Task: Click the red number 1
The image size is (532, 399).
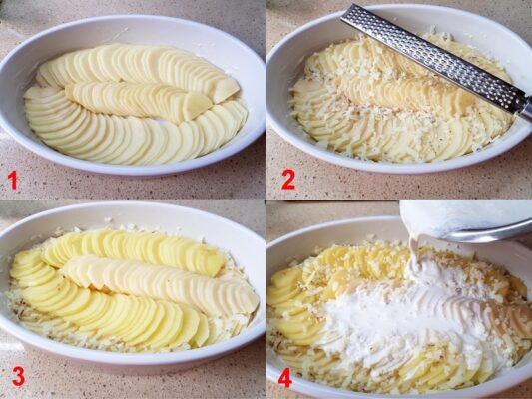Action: [13, 180]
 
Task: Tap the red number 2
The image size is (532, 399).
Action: [288, 180]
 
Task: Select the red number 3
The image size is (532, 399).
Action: [18, 377]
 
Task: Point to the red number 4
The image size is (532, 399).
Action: [285, 378]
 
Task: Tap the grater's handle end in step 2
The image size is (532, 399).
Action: [526, 109]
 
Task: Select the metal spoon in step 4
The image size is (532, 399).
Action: [488, 233]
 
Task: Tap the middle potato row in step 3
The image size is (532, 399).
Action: [160, 284]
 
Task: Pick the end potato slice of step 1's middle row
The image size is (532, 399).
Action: [198, 105]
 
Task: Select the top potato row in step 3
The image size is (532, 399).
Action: [134, 249]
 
